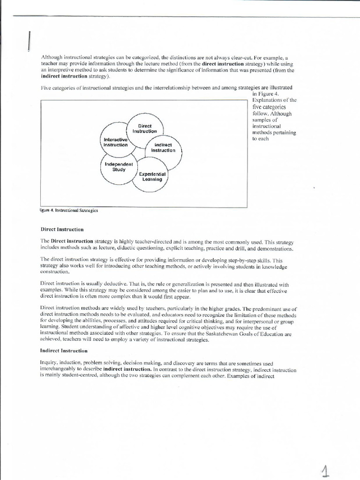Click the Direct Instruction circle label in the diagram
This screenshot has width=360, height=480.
point(144,129)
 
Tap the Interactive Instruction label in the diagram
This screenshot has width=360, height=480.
point(115,142)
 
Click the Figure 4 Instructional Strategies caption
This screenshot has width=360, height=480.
point(69,210)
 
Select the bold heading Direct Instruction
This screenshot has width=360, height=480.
point(62,230)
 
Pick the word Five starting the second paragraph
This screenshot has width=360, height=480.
point(46,87)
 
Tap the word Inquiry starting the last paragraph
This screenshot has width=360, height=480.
point(50,363)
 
